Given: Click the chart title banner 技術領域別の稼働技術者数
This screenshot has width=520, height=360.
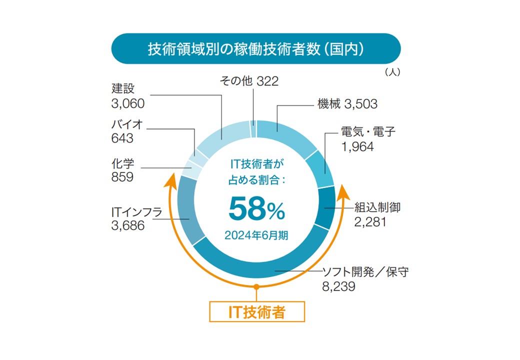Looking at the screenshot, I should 255,49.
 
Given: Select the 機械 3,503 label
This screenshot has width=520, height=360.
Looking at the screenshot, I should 347,104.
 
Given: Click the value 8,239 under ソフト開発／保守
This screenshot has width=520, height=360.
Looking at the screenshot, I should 338,286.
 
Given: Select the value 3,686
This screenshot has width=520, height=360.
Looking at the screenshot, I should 127,225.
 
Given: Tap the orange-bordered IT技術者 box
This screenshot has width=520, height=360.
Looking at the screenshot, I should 256,312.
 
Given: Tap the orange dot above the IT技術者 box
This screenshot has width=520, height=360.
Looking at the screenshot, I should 256,287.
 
